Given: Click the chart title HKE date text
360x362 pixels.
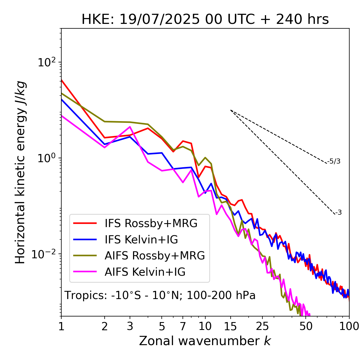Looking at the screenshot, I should click(205, 20).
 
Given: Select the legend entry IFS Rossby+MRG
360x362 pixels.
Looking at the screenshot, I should click(151, 223).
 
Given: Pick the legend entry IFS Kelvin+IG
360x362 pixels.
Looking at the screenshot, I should click(141, 240).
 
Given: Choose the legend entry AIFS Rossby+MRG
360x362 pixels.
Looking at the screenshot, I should click(155, 256).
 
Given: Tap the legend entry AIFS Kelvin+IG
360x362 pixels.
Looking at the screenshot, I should click(145, 272).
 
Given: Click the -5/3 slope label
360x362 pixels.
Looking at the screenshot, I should click(334, 162).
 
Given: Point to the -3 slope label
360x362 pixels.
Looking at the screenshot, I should click(338, 213).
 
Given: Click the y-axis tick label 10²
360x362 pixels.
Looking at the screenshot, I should click(46, 62).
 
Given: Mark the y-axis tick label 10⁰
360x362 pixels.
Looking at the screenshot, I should click(46, 158).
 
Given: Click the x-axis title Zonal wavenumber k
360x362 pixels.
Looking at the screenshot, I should click(205, 341).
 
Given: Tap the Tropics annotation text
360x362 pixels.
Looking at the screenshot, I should click(160, 296).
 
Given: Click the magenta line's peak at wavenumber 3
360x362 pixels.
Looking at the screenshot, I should click(130, 127).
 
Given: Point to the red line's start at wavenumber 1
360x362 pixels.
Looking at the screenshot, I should click(62, 80).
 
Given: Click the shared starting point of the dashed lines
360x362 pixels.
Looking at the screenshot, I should click(231, 110).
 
